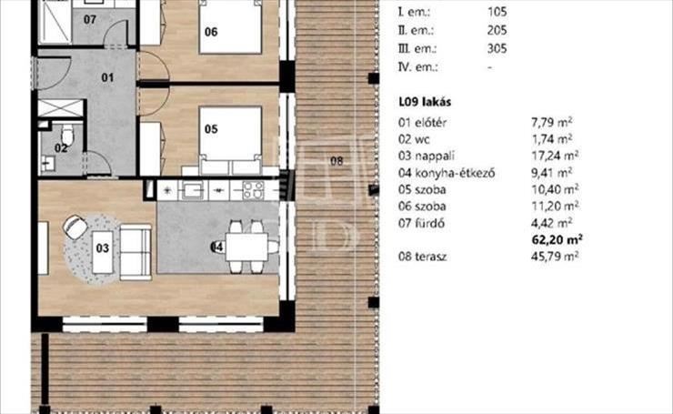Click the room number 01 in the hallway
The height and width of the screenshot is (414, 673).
point(107,77)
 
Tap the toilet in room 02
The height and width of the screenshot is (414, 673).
point(67,135)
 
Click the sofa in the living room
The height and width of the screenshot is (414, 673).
point(136,253)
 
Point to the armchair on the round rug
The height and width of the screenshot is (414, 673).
point(75,226)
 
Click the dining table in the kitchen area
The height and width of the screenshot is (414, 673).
point(247,247)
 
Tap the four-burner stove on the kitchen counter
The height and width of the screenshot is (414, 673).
point(253,190)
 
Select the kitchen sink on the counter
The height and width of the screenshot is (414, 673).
point(193,190)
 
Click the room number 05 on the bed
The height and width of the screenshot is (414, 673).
point(211,129)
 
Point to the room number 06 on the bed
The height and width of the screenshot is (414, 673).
point(211,31)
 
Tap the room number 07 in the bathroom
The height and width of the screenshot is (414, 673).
point(90,19)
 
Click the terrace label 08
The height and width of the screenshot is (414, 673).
point(336,161)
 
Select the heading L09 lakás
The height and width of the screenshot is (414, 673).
point(425,102)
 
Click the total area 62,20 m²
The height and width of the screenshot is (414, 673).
point(557,239)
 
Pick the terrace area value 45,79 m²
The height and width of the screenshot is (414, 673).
point(555,257)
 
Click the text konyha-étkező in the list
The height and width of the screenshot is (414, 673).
point(455,173)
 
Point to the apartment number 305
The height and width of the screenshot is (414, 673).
point(497,48)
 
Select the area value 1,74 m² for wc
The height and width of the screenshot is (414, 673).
point(551,139)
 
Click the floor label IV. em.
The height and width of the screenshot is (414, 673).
point(418,67)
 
